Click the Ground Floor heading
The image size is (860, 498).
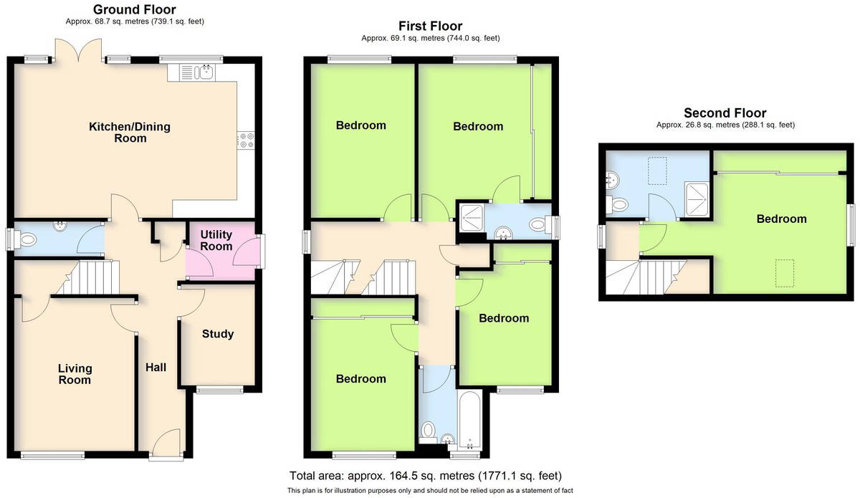[x=135, y=9]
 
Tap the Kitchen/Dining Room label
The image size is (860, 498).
[x=130, y=132]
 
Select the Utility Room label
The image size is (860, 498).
[x=216, y=240]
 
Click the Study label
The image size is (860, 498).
[x=218, y=334]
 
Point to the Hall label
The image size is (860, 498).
[x=156, y=368]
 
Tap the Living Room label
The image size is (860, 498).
[x=75, y=374]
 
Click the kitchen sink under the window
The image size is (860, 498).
[x=206, y=72]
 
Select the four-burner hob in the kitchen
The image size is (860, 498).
[x=246, y=140]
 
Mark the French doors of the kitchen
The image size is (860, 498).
[x=79, y=50]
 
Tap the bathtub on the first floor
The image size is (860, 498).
[x=469, y=420]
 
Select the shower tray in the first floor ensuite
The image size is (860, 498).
[x=471, y=218]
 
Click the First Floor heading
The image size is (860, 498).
[x=431, y=26]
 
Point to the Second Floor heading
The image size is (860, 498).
[x=725, y=113]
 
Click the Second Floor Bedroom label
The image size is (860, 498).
[x=781, y=219]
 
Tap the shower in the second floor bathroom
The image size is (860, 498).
[x=697, y=198]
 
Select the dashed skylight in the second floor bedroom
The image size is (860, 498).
[x=785, y=273]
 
